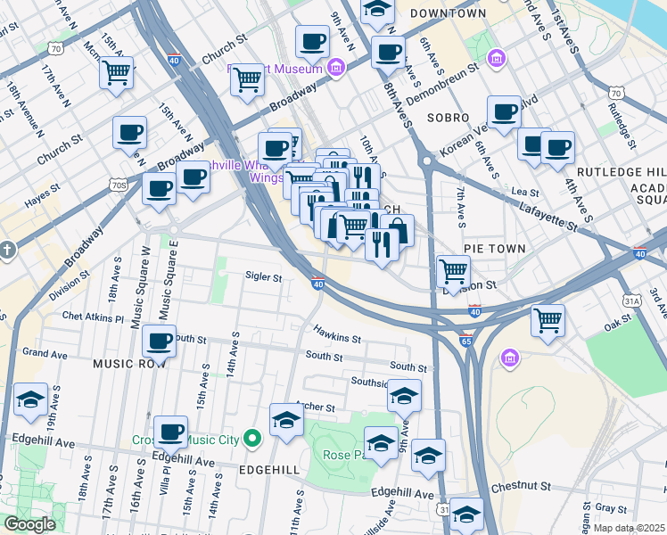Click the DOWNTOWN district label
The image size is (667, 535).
click(449, 13)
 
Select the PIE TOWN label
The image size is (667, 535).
click(494, 248)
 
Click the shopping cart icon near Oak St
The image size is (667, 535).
click(547, 319)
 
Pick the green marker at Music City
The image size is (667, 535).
click(252, 438)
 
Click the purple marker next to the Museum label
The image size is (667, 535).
click(336, 66)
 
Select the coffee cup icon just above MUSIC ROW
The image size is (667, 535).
click(160, 341)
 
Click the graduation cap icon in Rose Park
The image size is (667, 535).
click(381, 442)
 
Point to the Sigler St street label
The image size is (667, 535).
click(264, 277)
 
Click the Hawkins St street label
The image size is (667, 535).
click(336, 333)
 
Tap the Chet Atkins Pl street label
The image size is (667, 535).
click(93, 316)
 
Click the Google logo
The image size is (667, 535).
click(29, 524)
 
